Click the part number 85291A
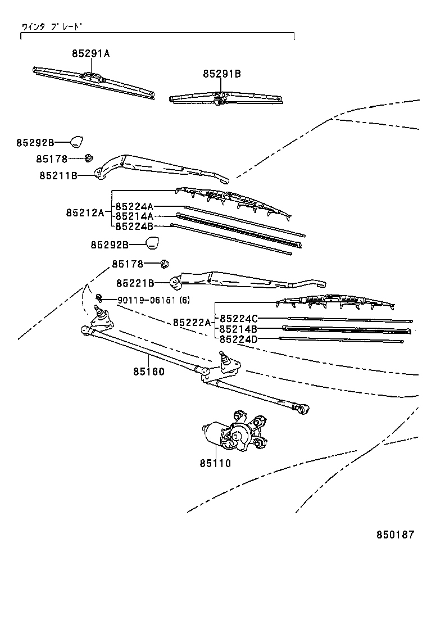90,53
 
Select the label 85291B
222,74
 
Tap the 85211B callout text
58,175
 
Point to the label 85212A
85,212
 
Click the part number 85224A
134,206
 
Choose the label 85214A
134,216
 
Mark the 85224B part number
134,226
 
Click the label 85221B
135,283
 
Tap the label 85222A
192,322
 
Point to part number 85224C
238,318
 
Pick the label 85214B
238,328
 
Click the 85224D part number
238,338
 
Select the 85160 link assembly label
149,372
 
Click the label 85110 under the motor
215,463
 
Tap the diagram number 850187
395,535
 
